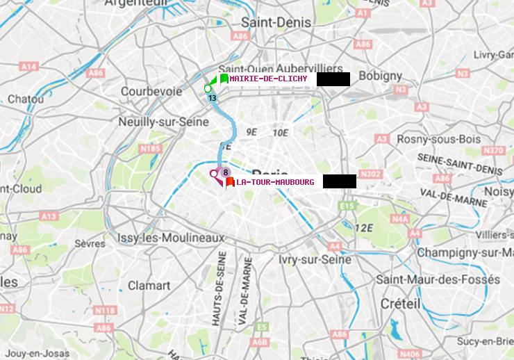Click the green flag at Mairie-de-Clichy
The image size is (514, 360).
tap(224, 79)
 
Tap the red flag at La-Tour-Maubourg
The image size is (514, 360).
tap(229, 182)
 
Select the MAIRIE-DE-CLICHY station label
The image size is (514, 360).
tap(268, 79)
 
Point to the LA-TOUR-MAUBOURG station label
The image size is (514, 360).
tap(275, 182)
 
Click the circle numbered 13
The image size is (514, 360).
tap(212, 98)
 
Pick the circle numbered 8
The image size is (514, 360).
tap(226, 172)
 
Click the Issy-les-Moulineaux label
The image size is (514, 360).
tap(171, 238)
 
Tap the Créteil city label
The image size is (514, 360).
tap(400, 304)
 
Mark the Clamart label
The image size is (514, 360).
tap(149, 285)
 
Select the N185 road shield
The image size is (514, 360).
tap(150, 148)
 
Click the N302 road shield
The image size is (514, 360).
tap(372, 174)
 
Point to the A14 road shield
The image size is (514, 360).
tap(28, 66)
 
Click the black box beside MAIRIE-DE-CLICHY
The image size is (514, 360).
tap(333, 79)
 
